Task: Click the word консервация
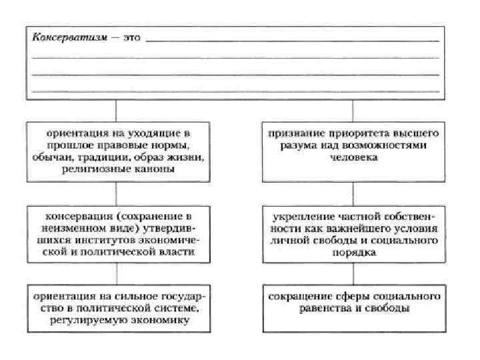(x=77, y=217)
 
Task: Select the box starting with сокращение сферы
(x=353, y=309)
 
